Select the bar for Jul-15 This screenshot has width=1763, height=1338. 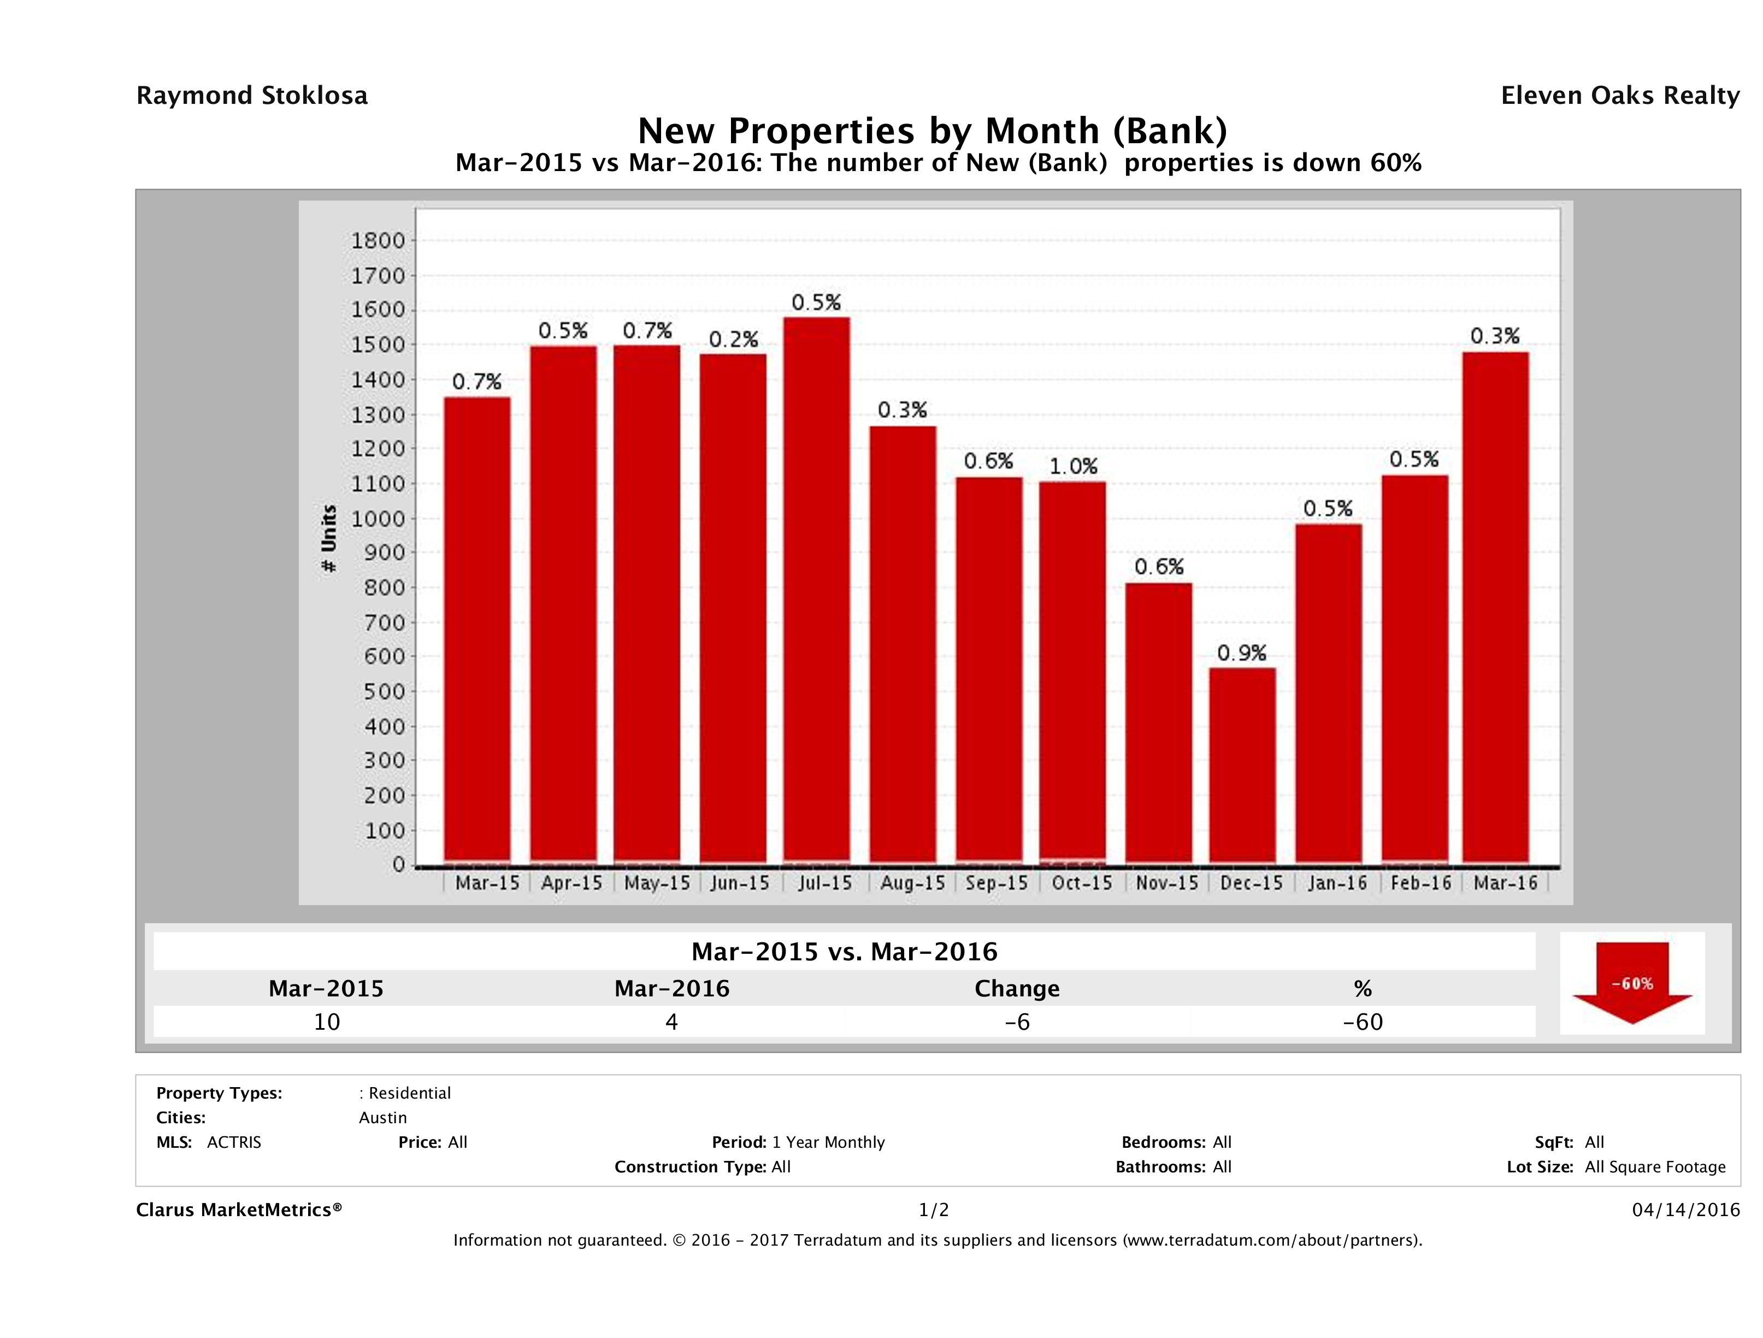pos(816,590)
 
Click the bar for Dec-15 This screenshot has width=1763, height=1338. pos(1242,766)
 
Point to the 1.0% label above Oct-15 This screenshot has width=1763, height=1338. pos(1073,466)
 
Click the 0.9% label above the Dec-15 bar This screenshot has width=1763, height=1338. pos(1241,654)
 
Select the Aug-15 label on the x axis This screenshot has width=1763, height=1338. pos(912,883)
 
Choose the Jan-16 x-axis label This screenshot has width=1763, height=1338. pos(1337,883)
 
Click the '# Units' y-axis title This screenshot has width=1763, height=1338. pos(328,538)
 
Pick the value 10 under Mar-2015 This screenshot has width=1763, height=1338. pos(327,1022)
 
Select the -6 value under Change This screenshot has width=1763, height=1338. pos(1017,1022)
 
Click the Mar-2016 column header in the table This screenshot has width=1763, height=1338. pos(672,989)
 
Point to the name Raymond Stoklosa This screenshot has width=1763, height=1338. pos(252,96)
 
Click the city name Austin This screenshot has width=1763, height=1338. pos(382,1118)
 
